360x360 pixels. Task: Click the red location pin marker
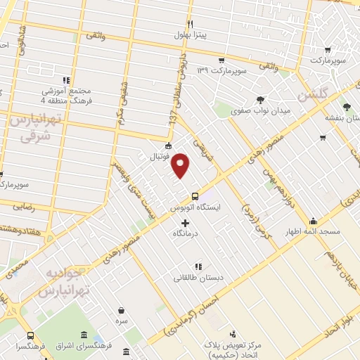[181, 165]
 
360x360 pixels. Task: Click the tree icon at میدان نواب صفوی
[260, 99]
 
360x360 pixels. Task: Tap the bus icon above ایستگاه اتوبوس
[195, 197]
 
